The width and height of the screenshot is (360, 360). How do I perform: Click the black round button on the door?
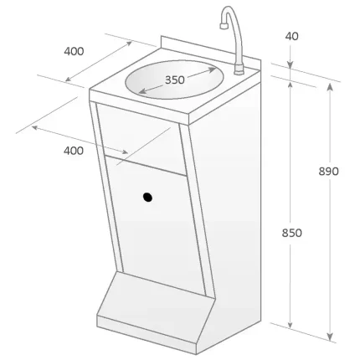[148, 198]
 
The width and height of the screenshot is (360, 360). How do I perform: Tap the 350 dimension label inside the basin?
[175, 80]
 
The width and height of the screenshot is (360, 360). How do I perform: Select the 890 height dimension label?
[329, 171]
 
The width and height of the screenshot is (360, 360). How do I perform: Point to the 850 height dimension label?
[291, 232]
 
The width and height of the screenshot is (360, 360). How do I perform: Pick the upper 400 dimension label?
[74, 51]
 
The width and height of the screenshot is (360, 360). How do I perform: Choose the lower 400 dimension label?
[74, 151]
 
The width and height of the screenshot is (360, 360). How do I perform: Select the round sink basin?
[177, 82]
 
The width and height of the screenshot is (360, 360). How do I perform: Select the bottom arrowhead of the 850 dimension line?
[291, 324]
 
